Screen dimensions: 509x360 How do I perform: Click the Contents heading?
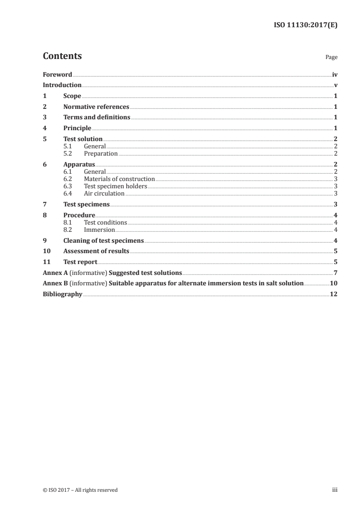62,56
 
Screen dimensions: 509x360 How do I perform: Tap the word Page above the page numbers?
331,58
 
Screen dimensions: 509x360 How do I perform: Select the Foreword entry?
57,74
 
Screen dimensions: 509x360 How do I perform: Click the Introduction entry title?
62,85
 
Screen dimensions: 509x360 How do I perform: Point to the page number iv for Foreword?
334,74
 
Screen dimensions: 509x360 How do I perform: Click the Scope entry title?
72,96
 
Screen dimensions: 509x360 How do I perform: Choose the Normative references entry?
96,107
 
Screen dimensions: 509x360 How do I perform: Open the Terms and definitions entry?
97,117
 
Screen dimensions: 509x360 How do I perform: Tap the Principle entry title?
77,128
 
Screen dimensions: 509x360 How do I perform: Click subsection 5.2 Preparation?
101,154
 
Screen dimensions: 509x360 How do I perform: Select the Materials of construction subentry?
119,179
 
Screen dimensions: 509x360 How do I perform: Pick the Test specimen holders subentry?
116,186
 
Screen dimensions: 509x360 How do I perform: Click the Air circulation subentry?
104,194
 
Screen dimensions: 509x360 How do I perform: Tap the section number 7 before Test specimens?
44,205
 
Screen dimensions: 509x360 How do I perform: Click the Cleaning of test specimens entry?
104,240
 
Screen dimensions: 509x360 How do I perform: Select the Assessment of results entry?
96,251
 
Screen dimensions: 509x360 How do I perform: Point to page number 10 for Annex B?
334,284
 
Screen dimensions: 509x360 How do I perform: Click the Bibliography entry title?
62,294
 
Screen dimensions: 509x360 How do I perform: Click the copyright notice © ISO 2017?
80,490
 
